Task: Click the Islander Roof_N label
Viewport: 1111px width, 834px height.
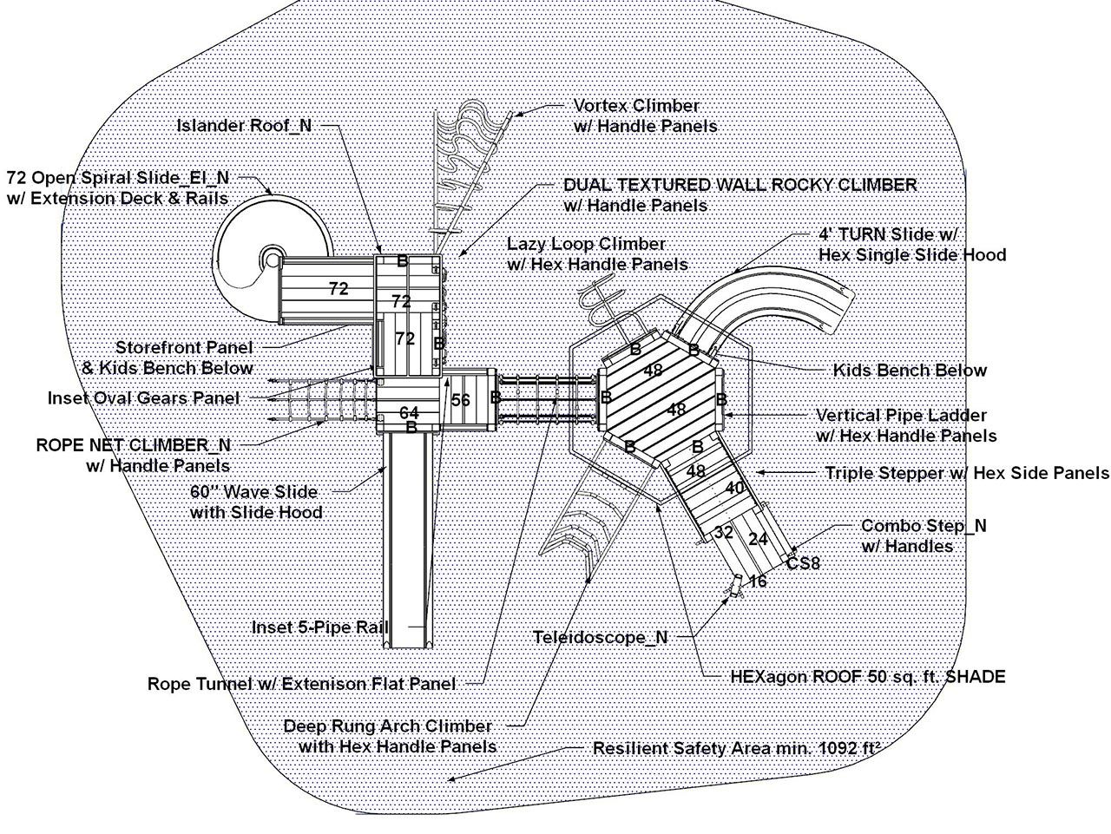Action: pos(244,125)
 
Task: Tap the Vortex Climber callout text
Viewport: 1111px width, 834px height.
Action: pos(645,115)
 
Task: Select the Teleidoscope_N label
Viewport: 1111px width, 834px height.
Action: pos(600,637)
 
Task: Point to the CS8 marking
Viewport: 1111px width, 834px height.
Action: pos(803,564)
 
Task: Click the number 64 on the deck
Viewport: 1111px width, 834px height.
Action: pos(409,413)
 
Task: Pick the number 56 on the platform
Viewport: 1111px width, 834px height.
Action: pos(461,400)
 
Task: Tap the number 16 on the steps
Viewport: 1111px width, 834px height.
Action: pos(758,581)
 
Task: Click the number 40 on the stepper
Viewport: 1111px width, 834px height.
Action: pos(734,489)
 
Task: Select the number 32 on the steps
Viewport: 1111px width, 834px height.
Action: pos(724,531)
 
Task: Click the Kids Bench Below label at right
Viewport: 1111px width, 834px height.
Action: pos(910,371)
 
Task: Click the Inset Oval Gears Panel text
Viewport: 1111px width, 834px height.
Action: pos(143,398)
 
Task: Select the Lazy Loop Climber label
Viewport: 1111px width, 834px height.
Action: pos(597,253)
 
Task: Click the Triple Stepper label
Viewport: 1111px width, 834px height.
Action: pos(967,473)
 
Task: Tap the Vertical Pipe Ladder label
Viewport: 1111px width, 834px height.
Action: pos(905,425)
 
